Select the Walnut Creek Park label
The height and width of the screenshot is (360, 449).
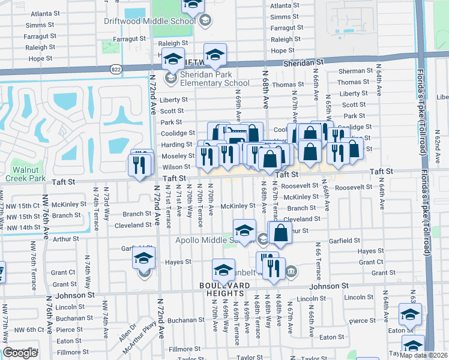point(29,174)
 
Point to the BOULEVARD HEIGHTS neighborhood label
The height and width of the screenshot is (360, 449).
point(223,289)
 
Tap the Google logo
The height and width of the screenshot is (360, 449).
point(20,353)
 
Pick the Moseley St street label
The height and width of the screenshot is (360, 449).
point(176,155)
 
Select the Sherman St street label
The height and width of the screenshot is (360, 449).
point(352,71)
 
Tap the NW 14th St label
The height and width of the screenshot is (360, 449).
point(20,227)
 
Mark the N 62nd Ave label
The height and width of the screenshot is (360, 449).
point(436,145)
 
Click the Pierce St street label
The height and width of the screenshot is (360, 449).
point(70,329)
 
